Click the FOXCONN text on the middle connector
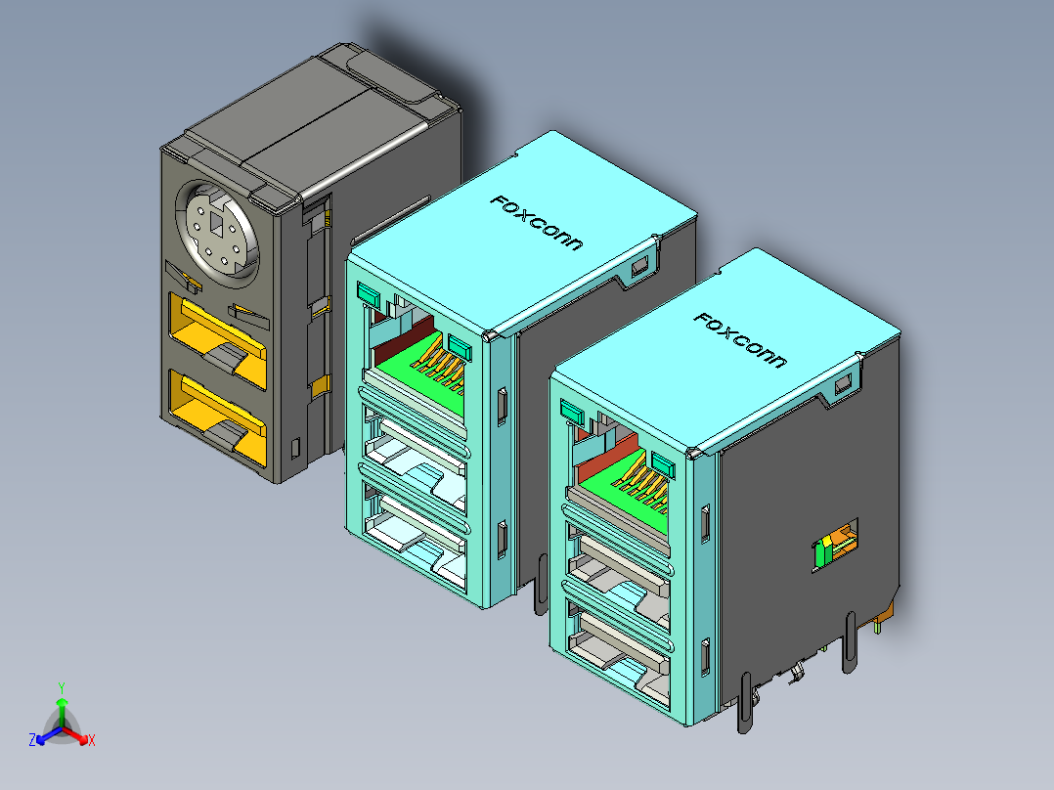(536, 222)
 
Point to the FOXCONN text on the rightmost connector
(739, 339)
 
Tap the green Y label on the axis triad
(61, 687)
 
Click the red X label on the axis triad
(91, 740)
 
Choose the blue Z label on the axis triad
(31, 740)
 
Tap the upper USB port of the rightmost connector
(616, 566)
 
